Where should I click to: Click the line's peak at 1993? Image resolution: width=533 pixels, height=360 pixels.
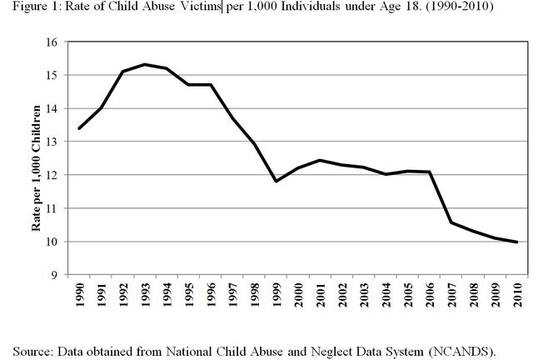pos(144,64)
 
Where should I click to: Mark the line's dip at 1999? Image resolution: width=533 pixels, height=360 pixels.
pos(276,181)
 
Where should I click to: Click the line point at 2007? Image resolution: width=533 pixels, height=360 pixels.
pos(451,222)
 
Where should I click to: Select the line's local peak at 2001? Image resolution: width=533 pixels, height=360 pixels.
pos(320,160)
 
